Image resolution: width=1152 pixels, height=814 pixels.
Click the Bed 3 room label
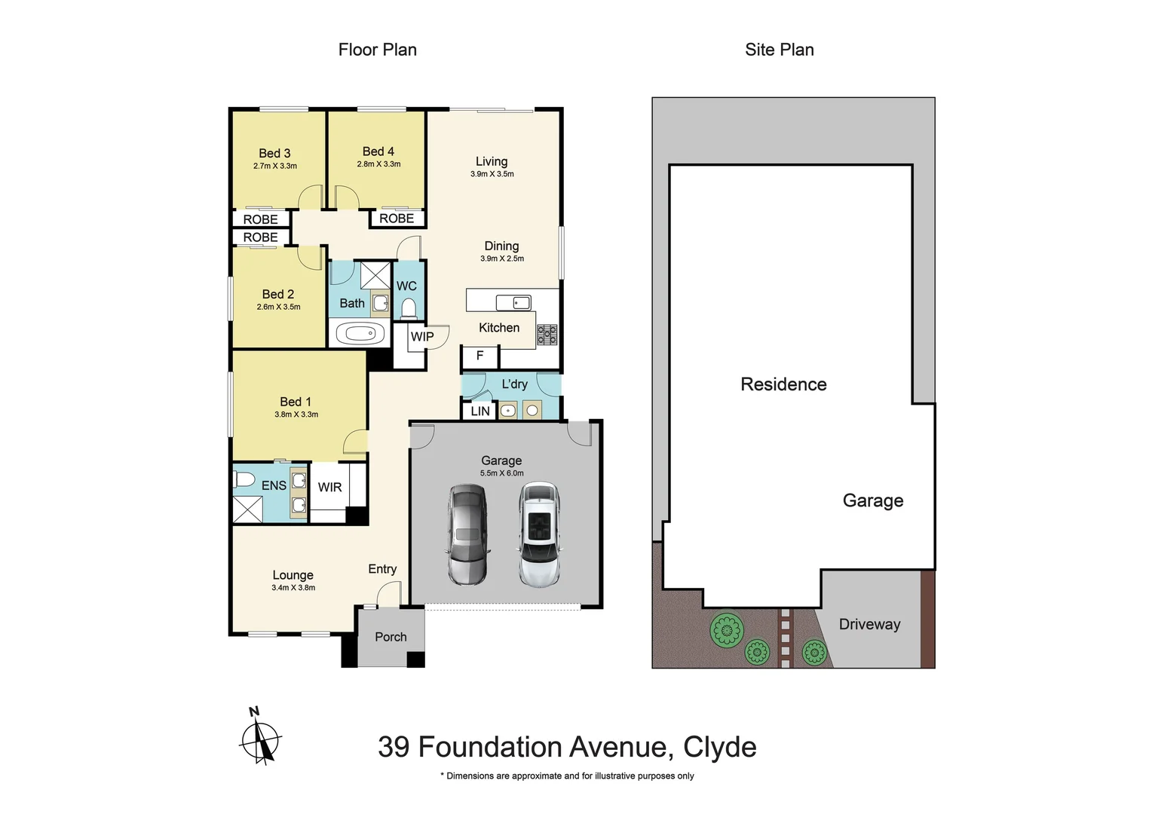274,153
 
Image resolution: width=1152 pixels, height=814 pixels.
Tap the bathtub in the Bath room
360,333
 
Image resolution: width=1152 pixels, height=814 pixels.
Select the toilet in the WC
409,308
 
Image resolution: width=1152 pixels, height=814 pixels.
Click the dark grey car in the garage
467,534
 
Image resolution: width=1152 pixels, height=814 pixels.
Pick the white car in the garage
540,534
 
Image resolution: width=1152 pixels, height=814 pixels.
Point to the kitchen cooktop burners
547,335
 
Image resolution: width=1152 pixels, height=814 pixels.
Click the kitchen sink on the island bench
513,302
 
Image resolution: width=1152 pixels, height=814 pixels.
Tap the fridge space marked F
479,356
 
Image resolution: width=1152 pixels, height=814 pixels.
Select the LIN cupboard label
480,412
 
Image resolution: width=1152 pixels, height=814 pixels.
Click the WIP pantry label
422,337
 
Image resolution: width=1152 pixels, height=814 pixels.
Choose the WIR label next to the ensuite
329,487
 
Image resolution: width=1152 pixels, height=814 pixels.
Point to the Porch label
391,637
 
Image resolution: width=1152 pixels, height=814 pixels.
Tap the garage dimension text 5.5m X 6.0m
501,473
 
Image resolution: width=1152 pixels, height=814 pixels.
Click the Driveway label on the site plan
869,624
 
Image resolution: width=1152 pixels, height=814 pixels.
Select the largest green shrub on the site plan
726,629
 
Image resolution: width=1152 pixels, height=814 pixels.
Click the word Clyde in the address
719,747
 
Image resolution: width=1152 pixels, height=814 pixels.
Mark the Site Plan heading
779,50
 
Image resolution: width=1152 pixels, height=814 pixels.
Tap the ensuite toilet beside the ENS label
244,479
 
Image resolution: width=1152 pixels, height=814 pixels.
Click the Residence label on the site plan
783,384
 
